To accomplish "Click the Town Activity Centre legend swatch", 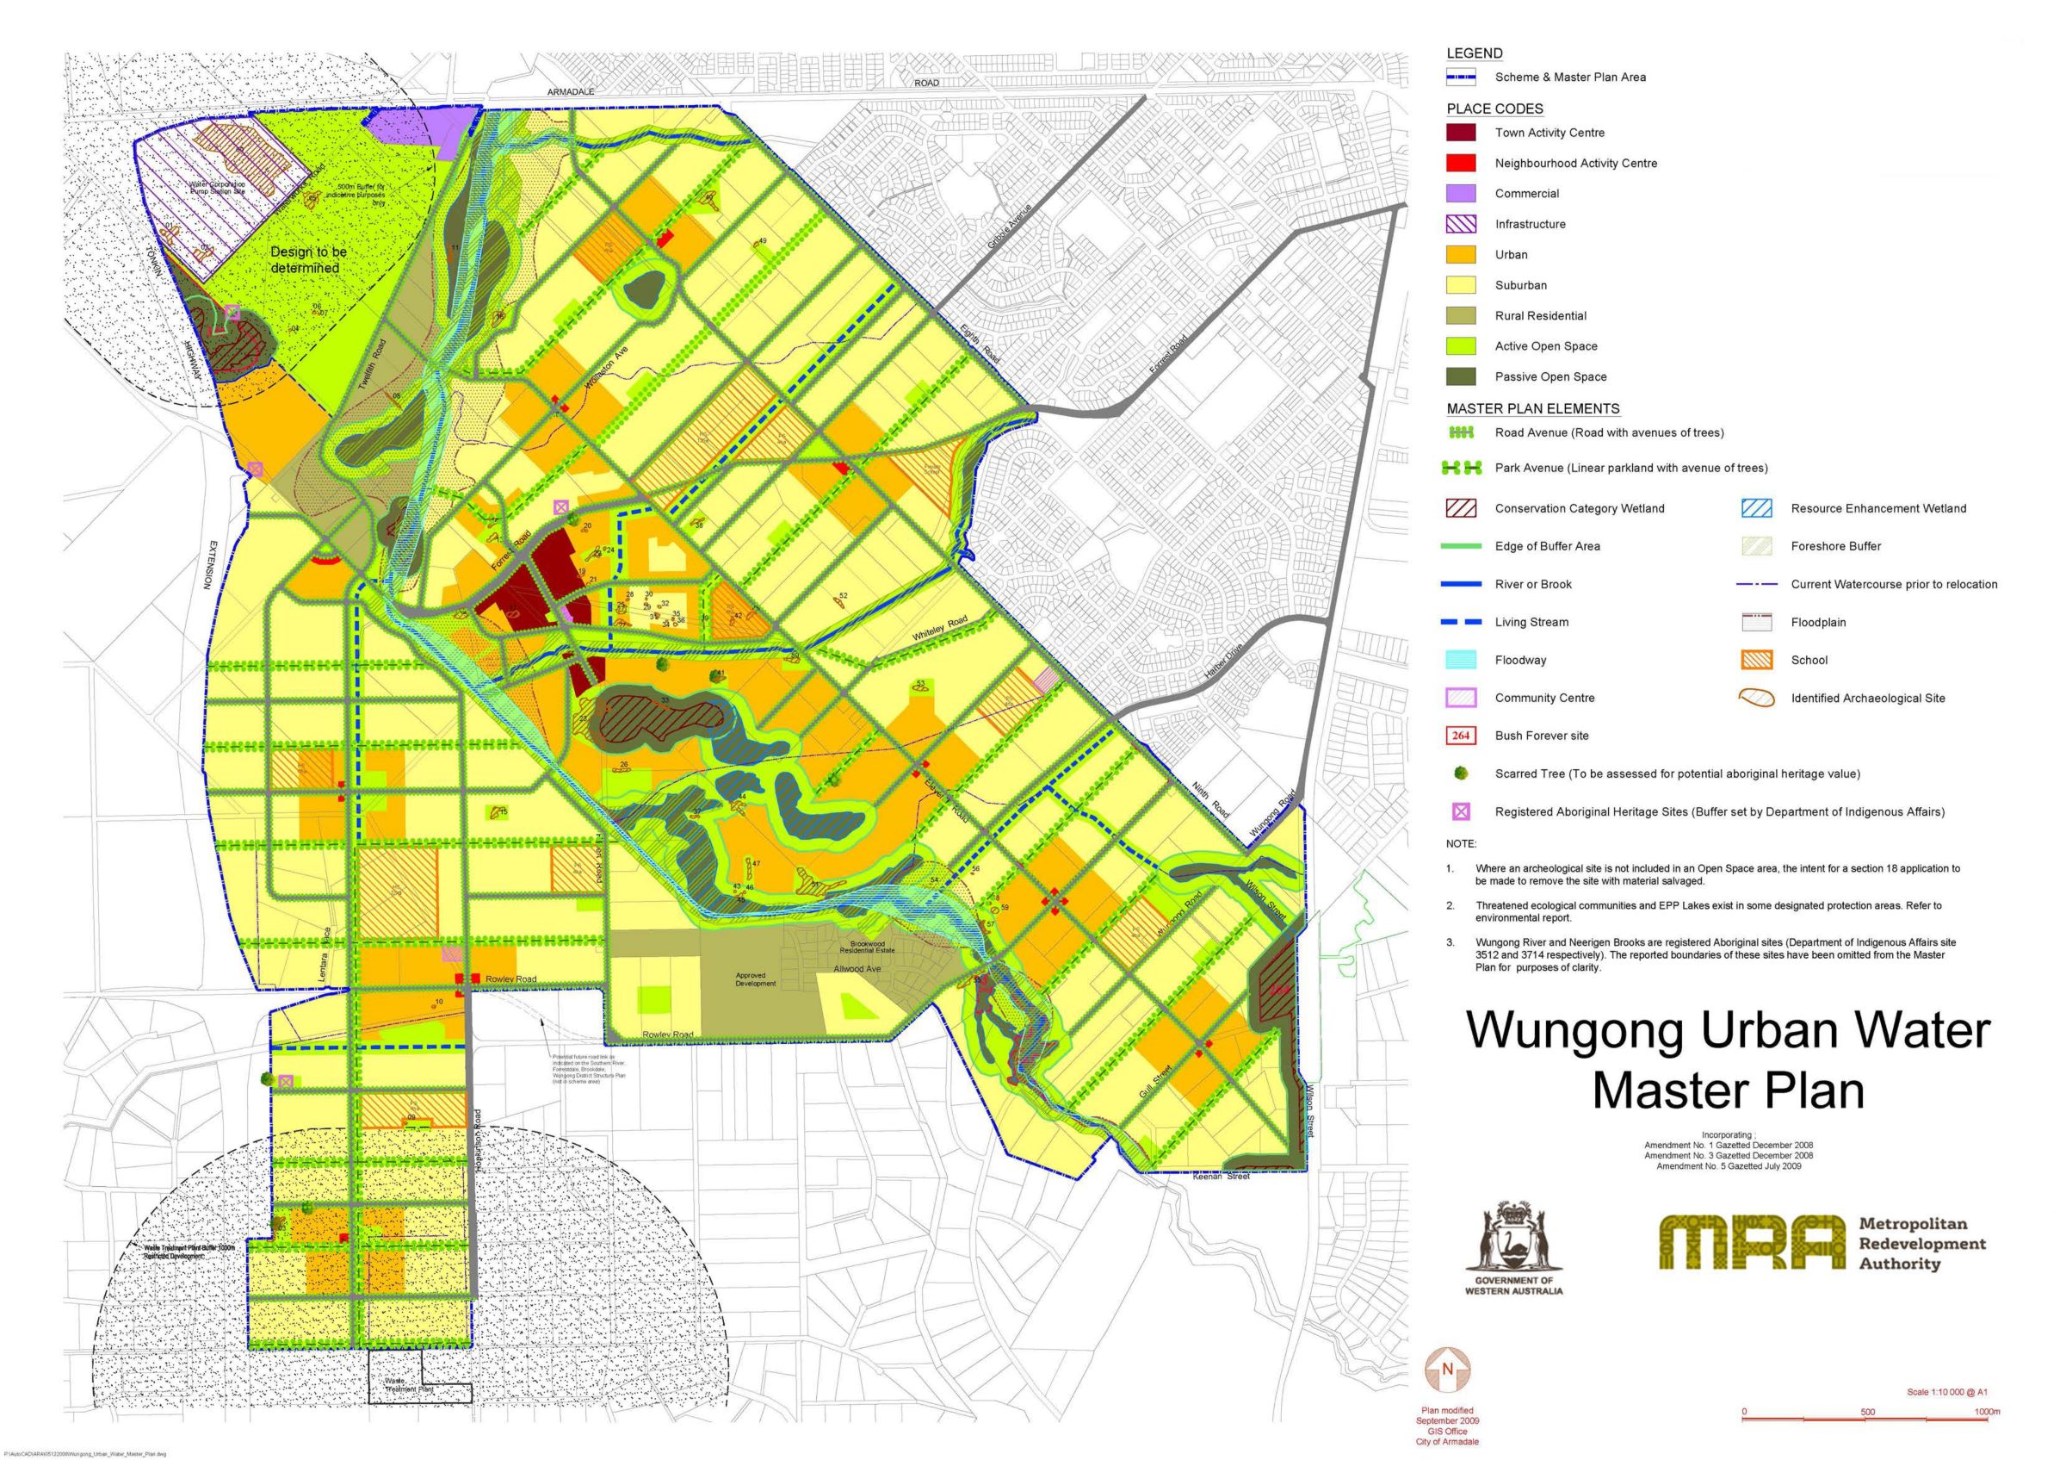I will [1461, 133].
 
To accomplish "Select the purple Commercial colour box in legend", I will [1461, 194].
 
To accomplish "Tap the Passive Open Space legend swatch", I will [1461, 376].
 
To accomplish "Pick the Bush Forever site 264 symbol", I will [1461, 736].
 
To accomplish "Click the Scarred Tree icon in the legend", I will [1462, 773].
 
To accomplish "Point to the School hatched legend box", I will [1756, 660].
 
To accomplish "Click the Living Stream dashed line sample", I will [1461, 622].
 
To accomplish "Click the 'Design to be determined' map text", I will [309, 260].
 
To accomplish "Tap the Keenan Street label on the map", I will [1221, 1177].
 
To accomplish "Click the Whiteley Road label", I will [939, 628].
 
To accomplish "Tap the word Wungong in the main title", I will [1574, 1031].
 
